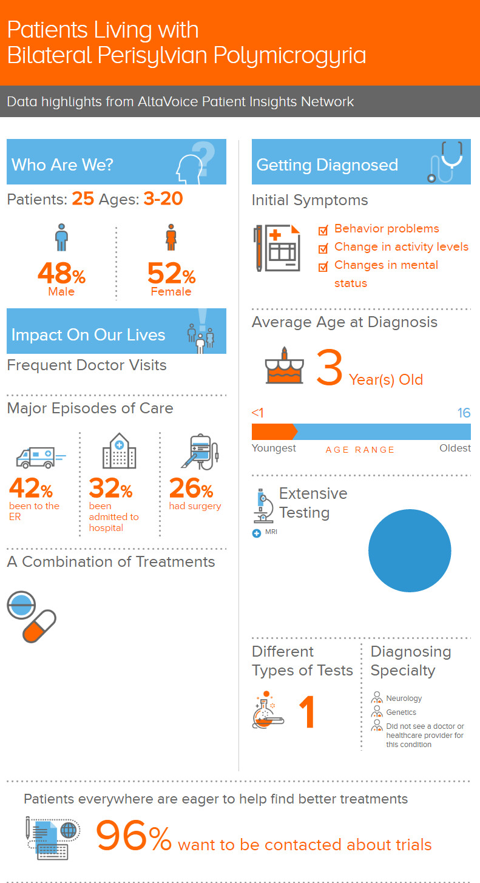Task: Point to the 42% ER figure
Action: click(x=30, y=489)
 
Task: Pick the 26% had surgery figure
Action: click(x=191, y=489)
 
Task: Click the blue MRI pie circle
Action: click(x=410, y=551)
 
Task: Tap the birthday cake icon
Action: click(x=284, y=367)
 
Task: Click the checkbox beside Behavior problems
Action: click(x=323, y=230)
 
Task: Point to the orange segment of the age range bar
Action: click(x=274, y=431)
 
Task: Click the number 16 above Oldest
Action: click(x=464, y=413)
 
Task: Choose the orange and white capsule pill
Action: click(x=39, y=626)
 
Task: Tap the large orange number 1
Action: click(x=308, y=712)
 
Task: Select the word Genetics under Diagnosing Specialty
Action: click(x=401, y=712)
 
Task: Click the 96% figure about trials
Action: click(x=134, y=837)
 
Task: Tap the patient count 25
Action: click(x=83, y=199)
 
